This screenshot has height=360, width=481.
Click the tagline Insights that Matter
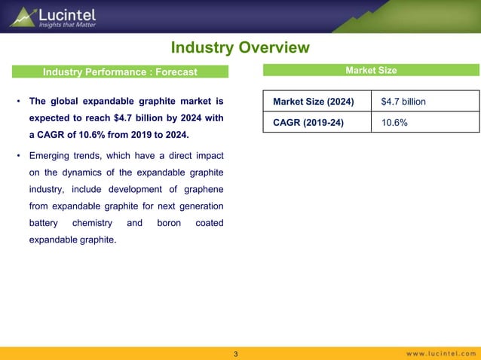click(x=69, y=24)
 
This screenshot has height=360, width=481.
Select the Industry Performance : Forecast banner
click(x=120, y=72)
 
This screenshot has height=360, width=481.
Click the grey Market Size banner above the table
click(x=371, y=71)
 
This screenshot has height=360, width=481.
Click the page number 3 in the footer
click(x=236, y=354)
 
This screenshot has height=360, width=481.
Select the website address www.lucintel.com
click(x=442, y=354)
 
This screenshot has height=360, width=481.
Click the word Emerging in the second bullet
click(x=52, y=156)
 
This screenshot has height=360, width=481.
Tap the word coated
click(x=209, y=224)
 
